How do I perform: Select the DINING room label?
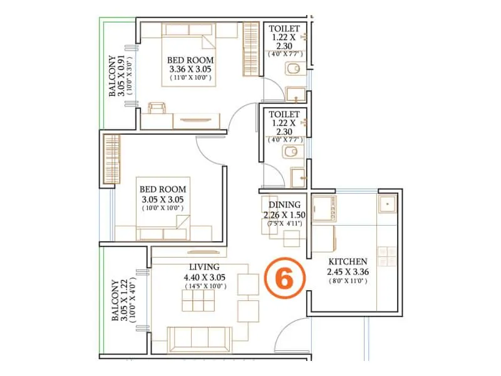285,205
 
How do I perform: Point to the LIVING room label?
204,266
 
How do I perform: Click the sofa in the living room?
199,338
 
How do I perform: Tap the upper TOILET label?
284,29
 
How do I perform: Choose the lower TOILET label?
284,115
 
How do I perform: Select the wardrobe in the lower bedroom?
111,159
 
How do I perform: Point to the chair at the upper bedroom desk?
157,108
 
